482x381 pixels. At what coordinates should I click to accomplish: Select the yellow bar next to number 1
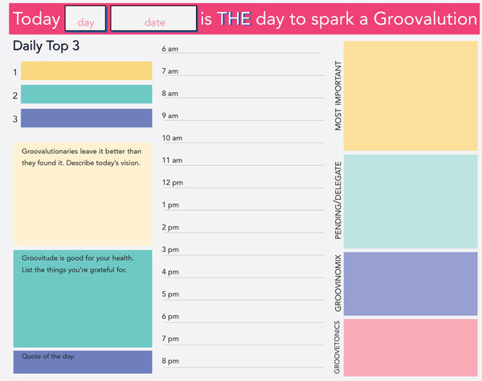point(86,71)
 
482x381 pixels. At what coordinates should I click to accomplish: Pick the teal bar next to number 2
point(86,95)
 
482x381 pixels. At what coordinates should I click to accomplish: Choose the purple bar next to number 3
point(86,119)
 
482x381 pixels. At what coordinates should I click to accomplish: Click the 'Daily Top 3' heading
point(46,47)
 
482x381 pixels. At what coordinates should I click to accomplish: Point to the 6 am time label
point(170,49)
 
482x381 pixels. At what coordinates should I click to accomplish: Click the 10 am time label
point(172,138)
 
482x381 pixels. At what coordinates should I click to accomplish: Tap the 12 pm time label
point(172,183)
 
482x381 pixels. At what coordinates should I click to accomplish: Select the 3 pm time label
point(170,249)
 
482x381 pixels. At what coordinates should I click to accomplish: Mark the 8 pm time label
point(170,361)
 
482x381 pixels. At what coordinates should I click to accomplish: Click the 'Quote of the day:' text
point(48,357)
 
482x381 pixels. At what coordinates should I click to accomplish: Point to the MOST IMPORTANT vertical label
point(337,95)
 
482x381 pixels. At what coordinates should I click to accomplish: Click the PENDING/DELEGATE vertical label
point(337,201)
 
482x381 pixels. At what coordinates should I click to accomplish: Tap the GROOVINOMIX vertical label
point(337,282)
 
